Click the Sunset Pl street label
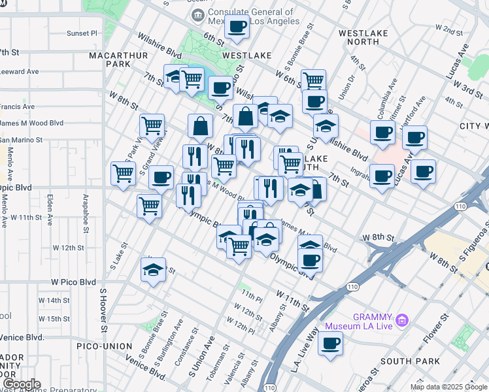[x=82, y=33]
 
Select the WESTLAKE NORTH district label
[x=363, y=37]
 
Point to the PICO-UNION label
[x=104, y=346]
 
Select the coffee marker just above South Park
[x=331, y=343]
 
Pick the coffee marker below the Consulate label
[x=237, y=27]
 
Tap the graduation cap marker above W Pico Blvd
[x=153, y=269]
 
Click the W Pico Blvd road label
[x=74, y=282]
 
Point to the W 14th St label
[x=54, y=301]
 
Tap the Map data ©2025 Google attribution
[x=448, y=387]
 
